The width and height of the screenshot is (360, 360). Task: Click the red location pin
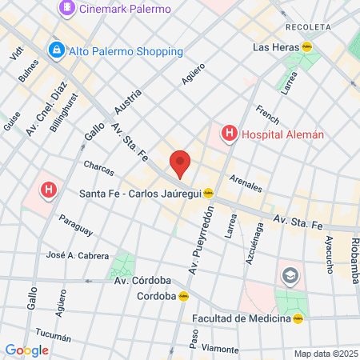click(x=181, y=162)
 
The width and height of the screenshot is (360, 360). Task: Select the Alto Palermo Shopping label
click(x=125, y=51)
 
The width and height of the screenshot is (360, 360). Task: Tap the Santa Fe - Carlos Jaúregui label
click(x=141, y=193)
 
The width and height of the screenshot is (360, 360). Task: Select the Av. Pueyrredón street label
click(x=202, y=240)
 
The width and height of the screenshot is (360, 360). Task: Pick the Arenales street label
click(x=246, y=183)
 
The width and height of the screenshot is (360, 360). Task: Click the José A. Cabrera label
click(x=77, y=255)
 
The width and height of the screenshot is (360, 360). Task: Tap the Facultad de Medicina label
click(x=242, y=318)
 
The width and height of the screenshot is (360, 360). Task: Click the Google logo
click(x=26, y=350)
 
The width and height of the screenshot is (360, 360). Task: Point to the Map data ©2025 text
click(x=325, y=354)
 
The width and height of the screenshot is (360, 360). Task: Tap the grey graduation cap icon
click(x=289, y=277)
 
